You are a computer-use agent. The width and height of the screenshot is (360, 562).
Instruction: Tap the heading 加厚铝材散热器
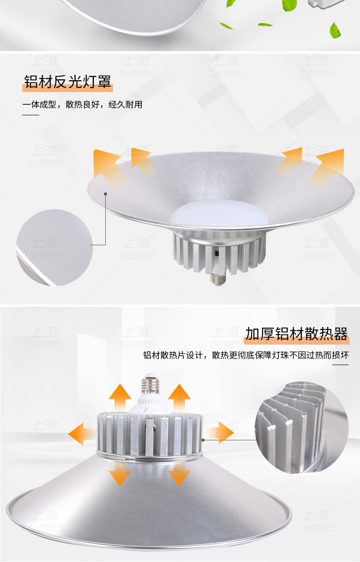pos(296,334)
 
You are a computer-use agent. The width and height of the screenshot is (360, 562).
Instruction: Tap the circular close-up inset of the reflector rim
pos(54,247)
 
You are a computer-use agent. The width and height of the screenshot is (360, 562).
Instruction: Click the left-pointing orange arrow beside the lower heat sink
pos(82,433)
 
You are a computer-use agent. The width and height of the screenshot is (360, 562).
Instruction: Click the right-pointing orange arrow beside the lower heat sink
pos(219,433)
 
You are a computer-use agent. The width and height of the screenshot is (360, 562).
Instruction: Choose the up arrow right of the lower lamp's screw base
pos(179,397)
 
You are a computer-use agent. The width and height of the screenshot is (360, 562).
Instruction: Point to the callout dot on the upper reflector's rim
pos(105,193)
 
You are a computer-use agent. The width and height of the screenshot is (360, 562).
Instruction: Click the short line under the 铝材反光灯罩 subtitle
pos(31,115)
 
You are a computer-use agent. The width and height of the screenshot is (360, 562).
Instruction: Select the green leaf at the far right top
pos(335,30)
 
